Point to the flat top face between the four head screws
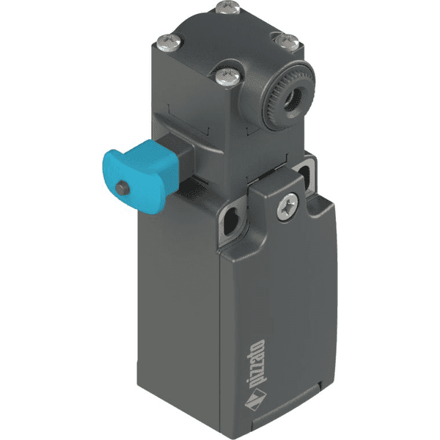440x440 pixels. coord(227,40)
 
